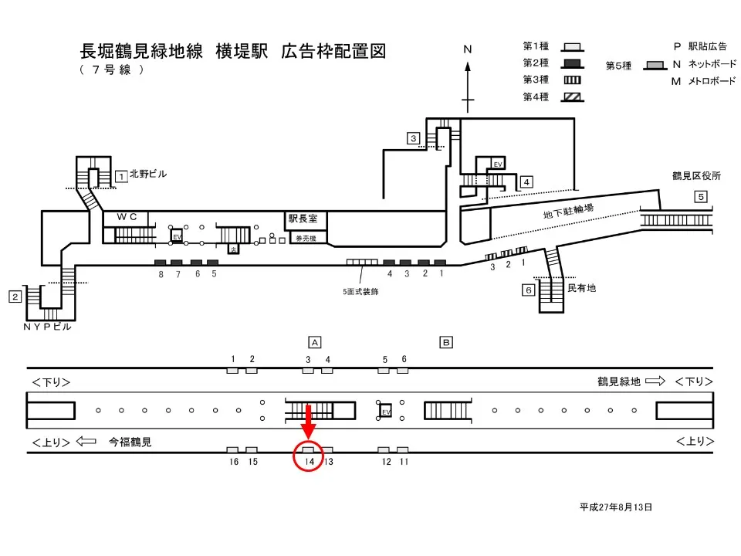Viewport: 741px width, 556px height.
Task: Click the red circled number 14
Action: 308,461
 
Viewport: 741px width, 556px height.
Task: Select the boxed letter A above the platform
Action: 314,341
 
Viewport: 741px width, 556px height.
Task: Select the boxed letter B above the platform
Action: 445,341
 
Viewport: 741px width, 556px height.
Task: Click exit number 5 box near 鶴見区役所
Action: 700,197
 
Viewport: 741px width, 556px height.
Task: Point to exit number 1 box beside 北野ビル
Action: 121,176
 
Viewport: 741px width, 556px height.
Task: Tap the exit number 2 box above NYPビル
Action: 15,297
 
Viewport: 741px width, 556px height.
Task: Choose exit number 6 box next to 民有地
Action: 528,290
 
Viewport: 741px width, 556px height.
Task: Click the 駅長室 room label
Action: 303,219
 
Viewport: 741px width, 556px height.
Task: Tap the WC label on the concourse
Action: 127,218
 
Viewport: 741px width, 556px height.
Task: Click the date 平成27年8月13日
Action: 616,507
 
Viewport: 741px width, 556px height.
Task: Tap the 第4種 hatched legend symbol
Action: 572,97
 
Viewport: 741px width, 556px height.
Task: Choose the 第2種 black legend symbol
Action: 572,63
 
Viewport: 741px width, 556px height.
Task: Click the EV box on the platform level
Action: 386,412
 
